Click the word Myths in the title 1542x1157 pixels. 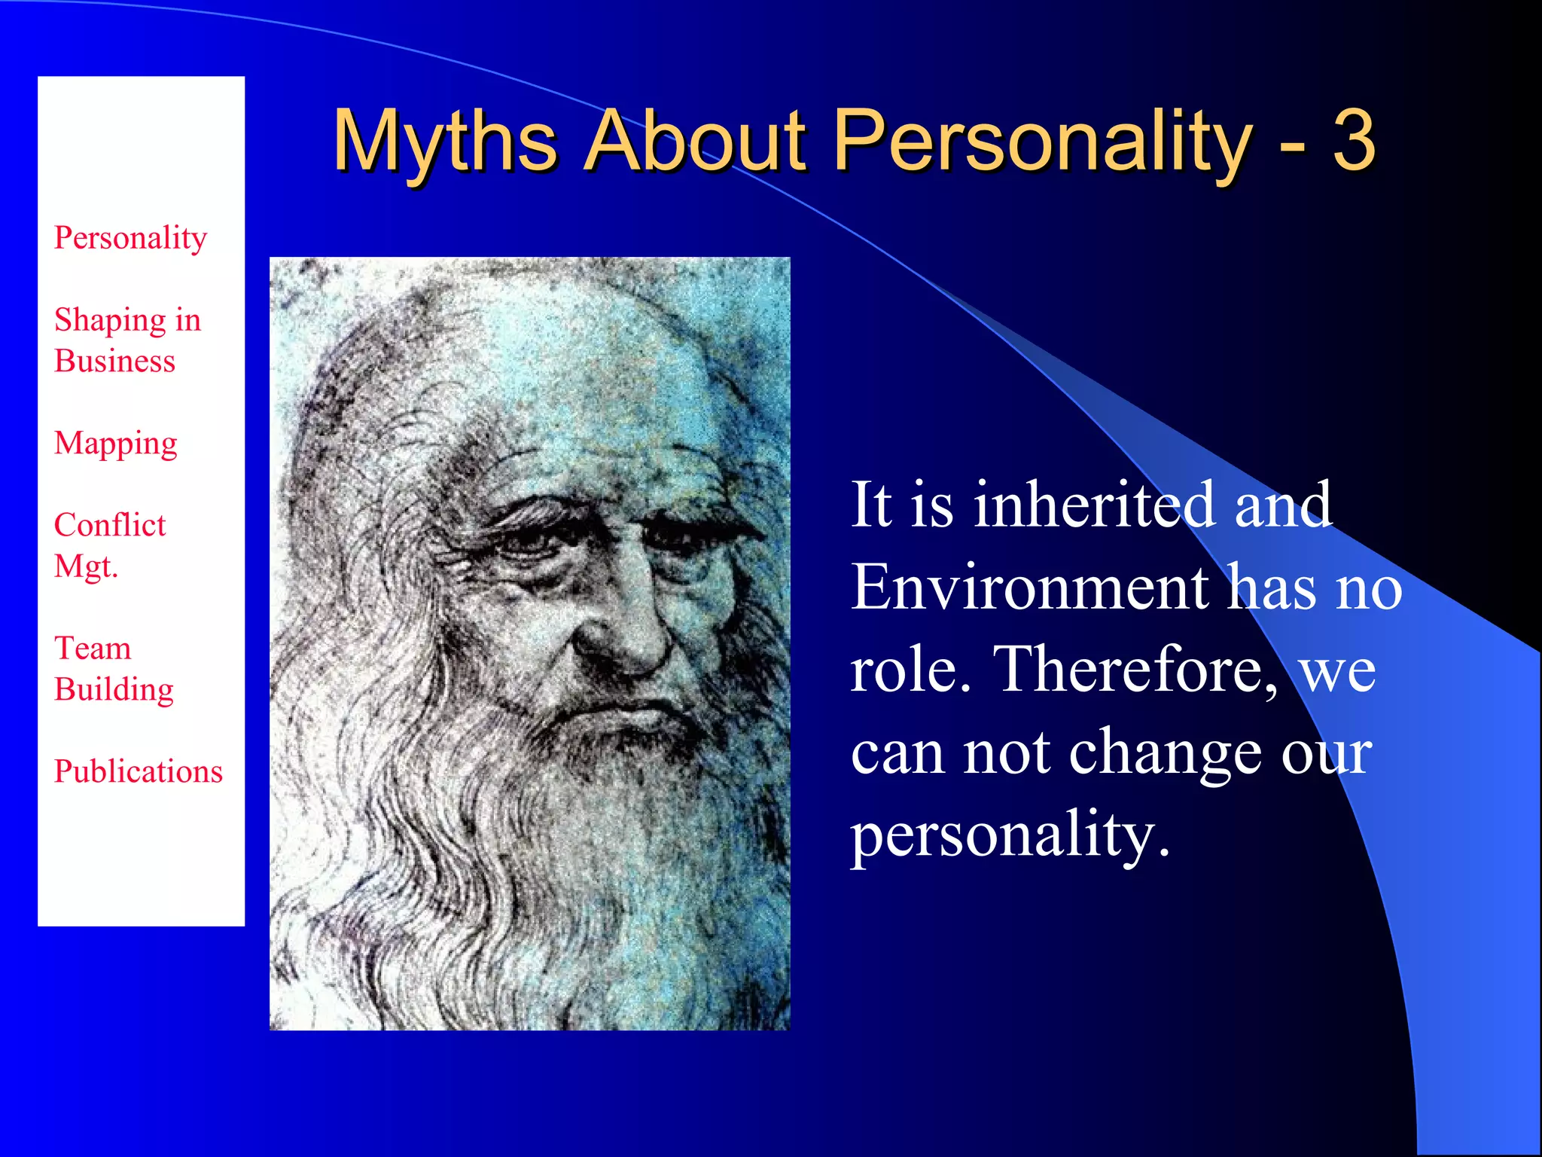click(444, 142)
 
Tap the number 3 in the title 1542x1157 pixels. click(1354, 142)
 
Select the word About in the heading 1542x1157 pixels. click(696, 142)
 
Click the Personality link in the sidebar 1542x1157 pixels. click(130, 238)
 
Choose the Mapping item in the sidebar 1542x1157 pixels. click(115, 444)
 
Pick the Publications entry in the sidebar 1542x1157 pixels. click(138, 771)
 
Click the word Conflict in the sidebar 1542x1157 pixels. click(110, 525)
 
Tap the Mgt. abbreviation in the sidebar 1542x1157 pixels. click(86, 566)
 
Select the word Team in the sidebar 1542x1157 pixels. click(93, 649)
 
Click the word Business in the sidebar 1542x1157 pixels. click(114, 362)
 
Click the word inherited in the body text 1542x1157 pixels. click(1094, 505)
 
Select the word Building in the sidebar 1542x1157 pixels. click(114, 690)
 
